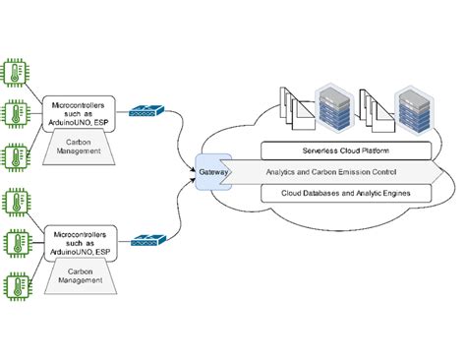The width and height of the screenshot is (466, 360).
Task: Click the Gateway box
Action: pos(210,171)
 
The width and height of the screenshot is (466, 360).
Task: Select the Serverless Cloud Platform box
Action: pos(346,150)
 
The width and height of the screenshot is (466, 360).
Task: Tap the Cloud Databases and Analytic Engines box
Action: pos(346,194)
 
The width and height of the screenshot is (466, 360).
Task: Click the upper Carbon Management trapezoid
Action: pos(82,147)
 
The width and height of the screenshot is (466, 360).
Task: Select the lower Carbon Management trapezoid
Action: pos(82,275)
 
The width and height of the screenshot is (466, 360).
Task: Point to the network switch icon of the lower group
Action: pos(150,239)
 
